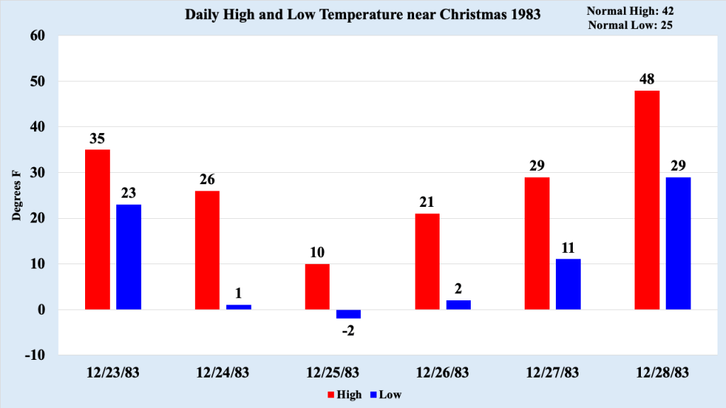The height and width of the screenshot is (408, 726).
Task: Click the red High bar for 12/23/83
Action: pos(97,229)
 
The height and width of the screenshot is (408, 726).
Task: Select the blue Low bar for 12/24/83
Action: pos(238,307)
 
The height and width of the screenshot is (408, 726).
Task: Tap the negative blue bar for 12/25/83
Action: pos(348,314)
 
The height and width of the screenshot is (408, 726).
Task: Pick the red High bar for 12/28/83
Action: pos(647,200)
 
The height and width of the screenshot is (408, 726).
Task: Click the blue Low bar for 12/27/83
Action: pos(568,284)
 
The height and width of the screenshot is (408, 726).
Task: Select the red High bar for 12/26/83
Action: pos(427,261)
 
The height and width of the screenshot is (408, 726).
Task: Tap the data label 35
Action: pos(97,138)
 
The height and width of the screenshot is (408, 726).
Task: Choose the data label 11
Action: pos(568,247)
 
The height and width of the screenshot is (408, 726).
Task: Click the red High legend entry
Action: pos(344,394)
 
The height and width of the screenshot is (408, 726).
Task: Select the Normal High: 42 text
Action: pos(630,11)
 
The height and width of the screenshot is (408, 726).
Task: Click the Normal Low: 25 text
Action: pos(630,25)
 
